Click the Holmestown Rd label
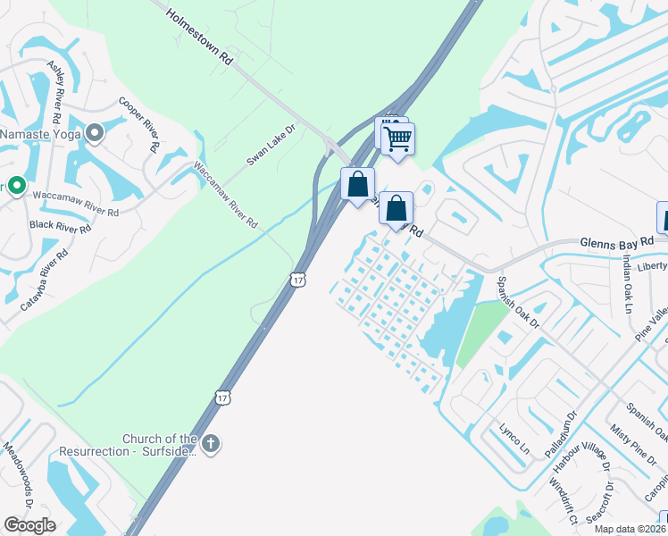pyautogui.click(x=198, y=35)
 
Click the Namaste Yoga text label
pyautogui.click(x=40, y=134)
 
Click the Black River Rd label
pyautogui.click(x=61, y=228)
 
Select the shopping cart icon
pyautogui.click(x=397, y=138)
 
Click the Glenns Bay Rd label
pyautogui.click(x=617, y=241)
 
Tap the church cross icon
pyautogui.click(x=211, y=444)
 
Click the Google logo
pyautogui.click(x=29, y=525)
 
